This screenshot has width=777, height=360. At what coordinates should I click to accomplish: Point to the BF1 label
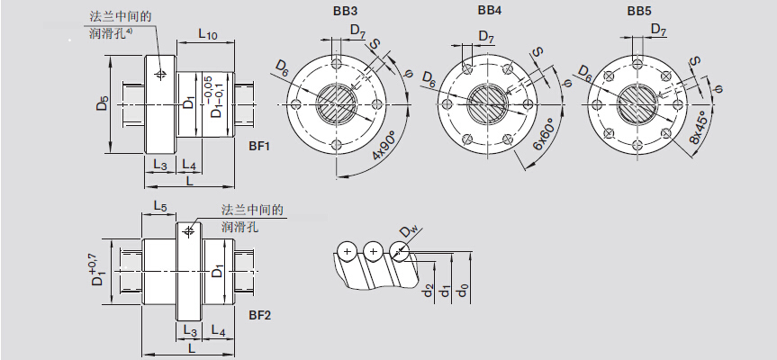tap(260, 144)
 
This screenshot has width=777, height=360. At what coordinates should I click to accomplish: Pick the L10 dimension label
tap(207, 35)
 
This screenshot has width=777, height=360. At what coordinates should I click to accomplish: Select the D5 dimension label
tap(102, 104)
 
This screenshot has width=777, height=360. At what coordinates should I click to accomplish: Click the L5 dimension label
tap(159, 206)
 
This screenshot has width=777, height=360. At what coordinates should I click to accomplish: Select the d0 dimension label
tap(464, 292)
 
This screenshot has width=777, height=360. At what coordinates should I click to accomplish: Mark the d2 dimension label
tap(427, 292)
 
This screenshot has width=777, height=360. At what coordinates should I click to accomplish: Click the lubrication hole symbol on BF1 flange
tap(161, 73)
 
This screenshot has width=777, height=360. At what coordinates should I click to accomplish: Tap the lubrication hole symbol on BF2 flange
tap(189, 232)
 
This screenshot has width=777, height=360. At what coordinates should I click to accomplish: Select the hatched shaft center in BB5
tap(638, 103)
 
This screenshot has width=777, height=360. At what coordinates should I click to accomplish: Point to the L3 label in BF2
tap(190, 330)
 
